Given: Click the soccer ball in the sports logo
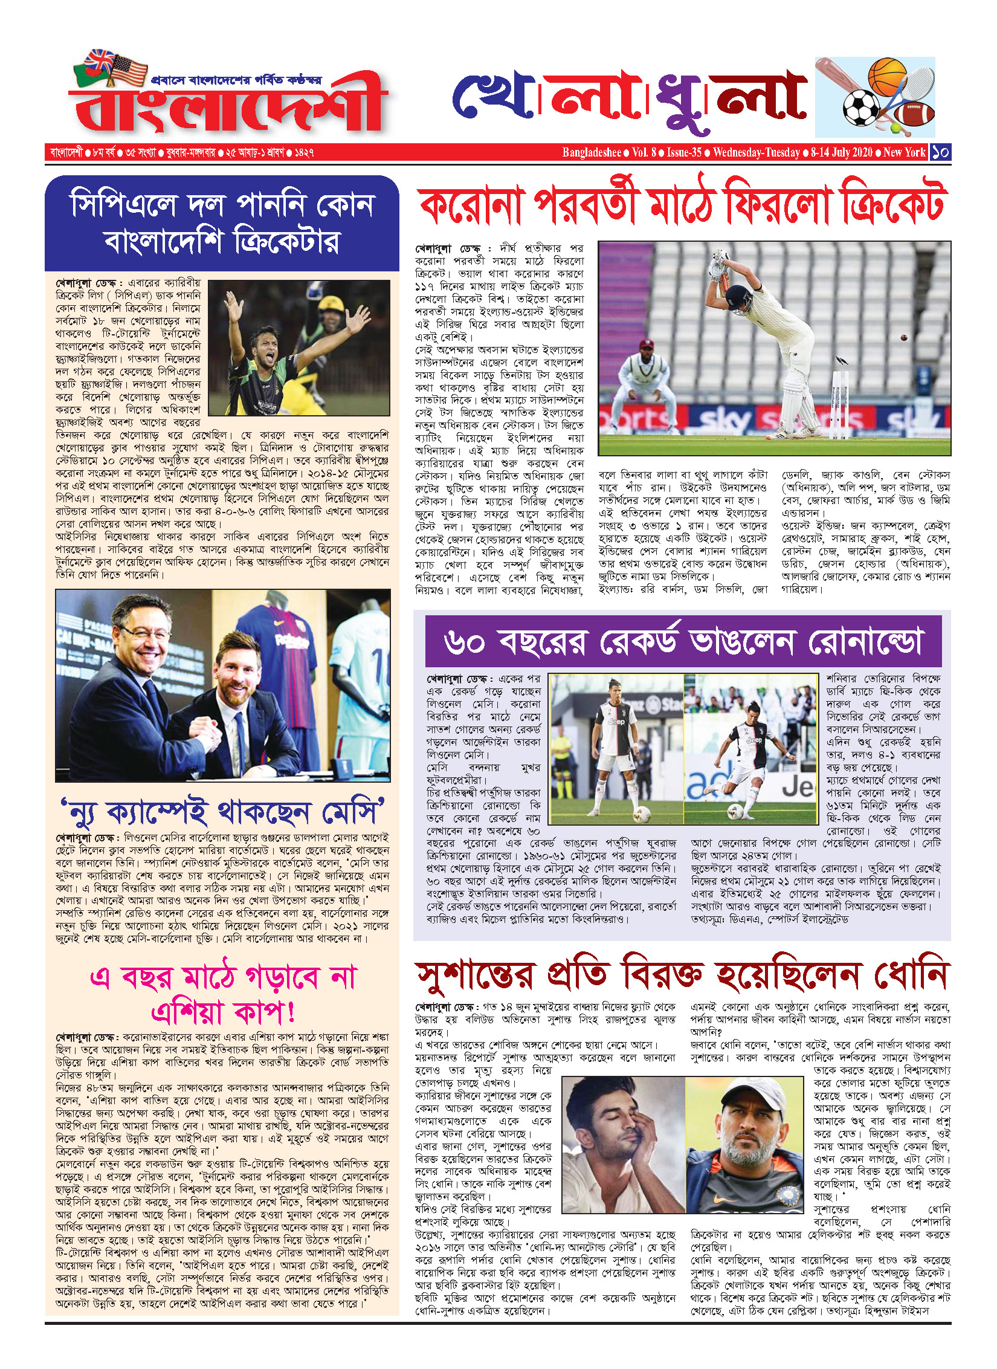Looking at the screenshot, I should [x=860, y=108].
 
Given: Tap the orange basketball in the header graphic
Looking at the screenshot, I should [x=887, y=76].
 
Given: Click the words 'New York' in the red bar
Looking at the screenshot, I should [x=904, y=152].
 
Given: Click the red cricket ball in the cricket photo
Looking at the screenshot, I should [x=905, y=337].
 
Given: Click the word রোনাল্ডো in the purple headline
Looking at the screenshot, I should [x=866, y=642].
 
